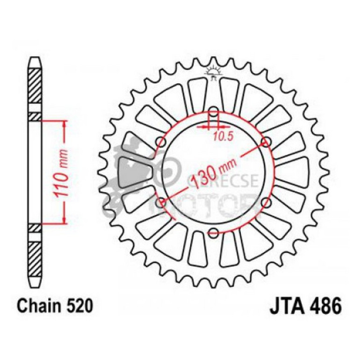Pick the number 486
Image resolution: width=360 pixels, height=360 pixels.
pos(324,307)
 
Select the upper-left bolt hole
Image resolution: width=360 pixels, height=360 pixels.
pos(162,142)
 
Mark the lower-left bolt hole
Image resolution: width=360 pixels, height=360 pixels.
pos(162,202)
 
